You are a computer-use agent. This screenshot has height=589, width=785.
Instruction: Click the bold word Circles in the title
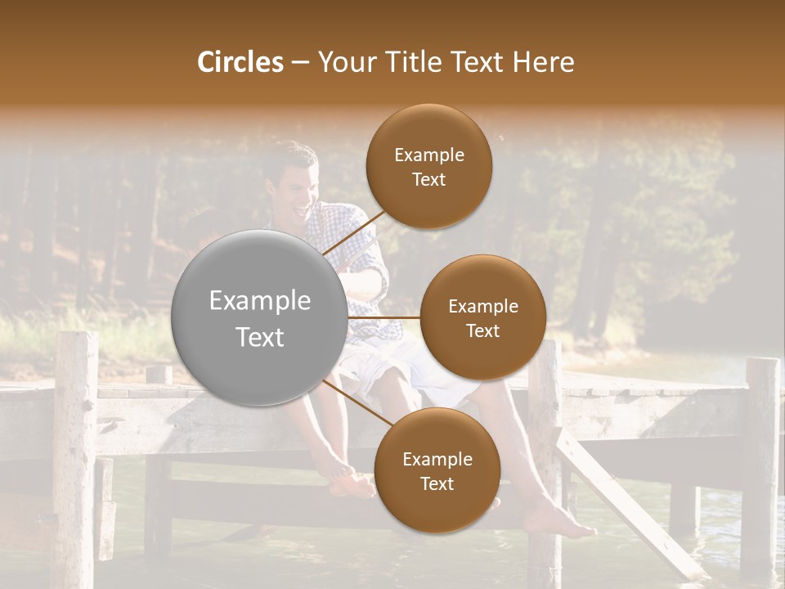(x=240, y=62)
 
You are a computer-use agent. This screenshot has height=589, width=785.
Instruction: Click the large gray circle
(x=260, y=317)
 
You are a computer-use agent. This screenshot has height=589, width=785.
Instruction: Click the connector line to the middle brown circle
(x=384, y=317)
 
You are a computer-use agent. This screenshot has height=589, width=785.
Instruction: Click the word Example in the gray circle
(x=260, y=301)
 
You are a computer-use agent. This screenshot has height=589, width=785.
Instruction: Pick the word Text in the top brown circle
(x=428, y=180)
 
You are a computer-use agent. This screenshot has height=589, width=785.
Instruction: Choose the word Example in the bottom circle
(x=437, y=460)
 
